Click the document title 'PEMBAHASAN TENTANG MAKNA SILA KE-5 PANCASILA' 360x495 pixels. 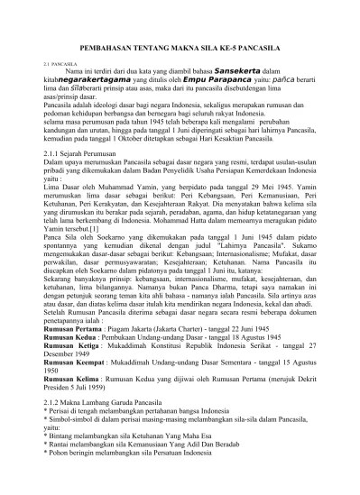(x=180, y=44)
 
